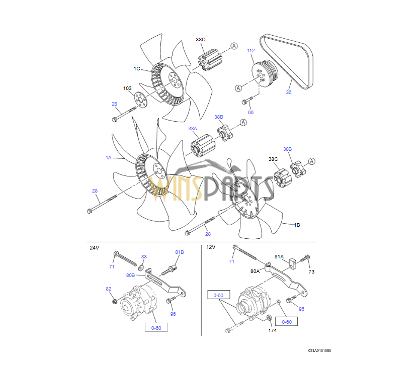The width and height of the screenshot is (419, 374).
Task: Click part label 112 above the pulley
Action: pos(250,51)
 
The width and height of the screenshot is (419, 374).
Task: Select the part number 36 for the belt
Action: pos(289,92)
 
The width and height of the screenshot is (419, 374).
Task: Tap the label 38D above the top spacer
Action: pos(201,39)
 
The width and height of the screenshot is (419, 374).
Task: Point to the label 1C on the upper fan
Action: pos(137,68)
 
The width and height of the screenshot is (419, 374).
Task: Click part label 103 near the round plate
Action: pos(128,88)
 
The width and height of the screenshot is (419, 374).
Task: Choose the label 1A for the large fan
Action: pos(108,157)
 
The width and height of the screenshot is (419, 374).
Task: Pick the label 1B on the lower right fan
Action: pos(297,225)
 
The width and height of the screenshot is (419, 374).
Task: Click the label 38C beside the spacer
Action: pos(273,159)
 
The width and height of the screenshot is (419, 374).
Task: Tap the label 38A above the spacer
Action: pos(193,129)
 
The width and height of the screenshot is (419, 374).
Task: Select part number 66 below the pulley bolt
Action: pos(250,112)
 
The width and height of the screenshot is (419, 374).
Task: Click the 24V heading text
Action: pos(95,248)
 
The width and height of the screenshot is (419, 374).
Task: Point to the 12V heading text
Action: pos(211,247)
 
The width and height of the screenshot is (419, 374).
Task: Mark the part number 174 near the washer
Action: pos(273,330)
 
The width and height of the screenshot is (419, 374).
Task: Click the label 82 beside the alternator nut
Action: pos(109,289)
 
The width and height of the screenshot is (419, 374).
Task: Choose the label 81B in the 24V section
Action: pos(180,252)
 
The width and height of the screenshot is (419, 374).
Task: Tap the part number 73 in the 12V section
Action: pos(311,271)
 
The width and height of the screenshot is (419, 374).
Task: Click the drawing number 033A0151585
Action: pos(320,350)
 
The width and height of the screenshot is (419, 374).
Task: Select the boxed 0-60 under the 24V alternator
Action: pos(156,327)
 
